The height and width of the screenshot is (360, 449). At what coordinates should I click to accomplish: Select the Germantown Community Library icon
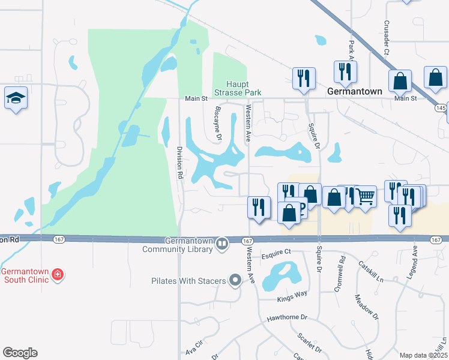point(222,243)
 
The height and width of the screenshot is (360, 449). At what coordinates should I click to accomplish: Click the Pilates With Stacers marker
point(235,280)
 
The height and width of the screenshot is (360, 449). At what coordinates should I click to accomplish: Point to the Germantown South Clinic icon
point(58,275)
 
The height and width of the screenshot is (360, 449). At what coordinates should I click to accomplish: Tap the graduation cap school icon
point(16,97)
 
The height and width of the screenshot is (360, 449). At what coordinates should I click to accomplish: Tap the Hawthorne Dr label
point(287,317)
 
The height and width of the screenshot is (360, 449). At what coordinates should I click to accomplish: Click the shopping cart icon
point(366,196)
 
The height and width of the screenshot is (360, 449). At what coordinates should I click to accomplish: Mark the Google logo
point(20,353)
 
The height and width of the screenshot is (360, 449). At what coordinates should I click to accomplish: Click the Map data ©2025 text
point(423,355)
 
